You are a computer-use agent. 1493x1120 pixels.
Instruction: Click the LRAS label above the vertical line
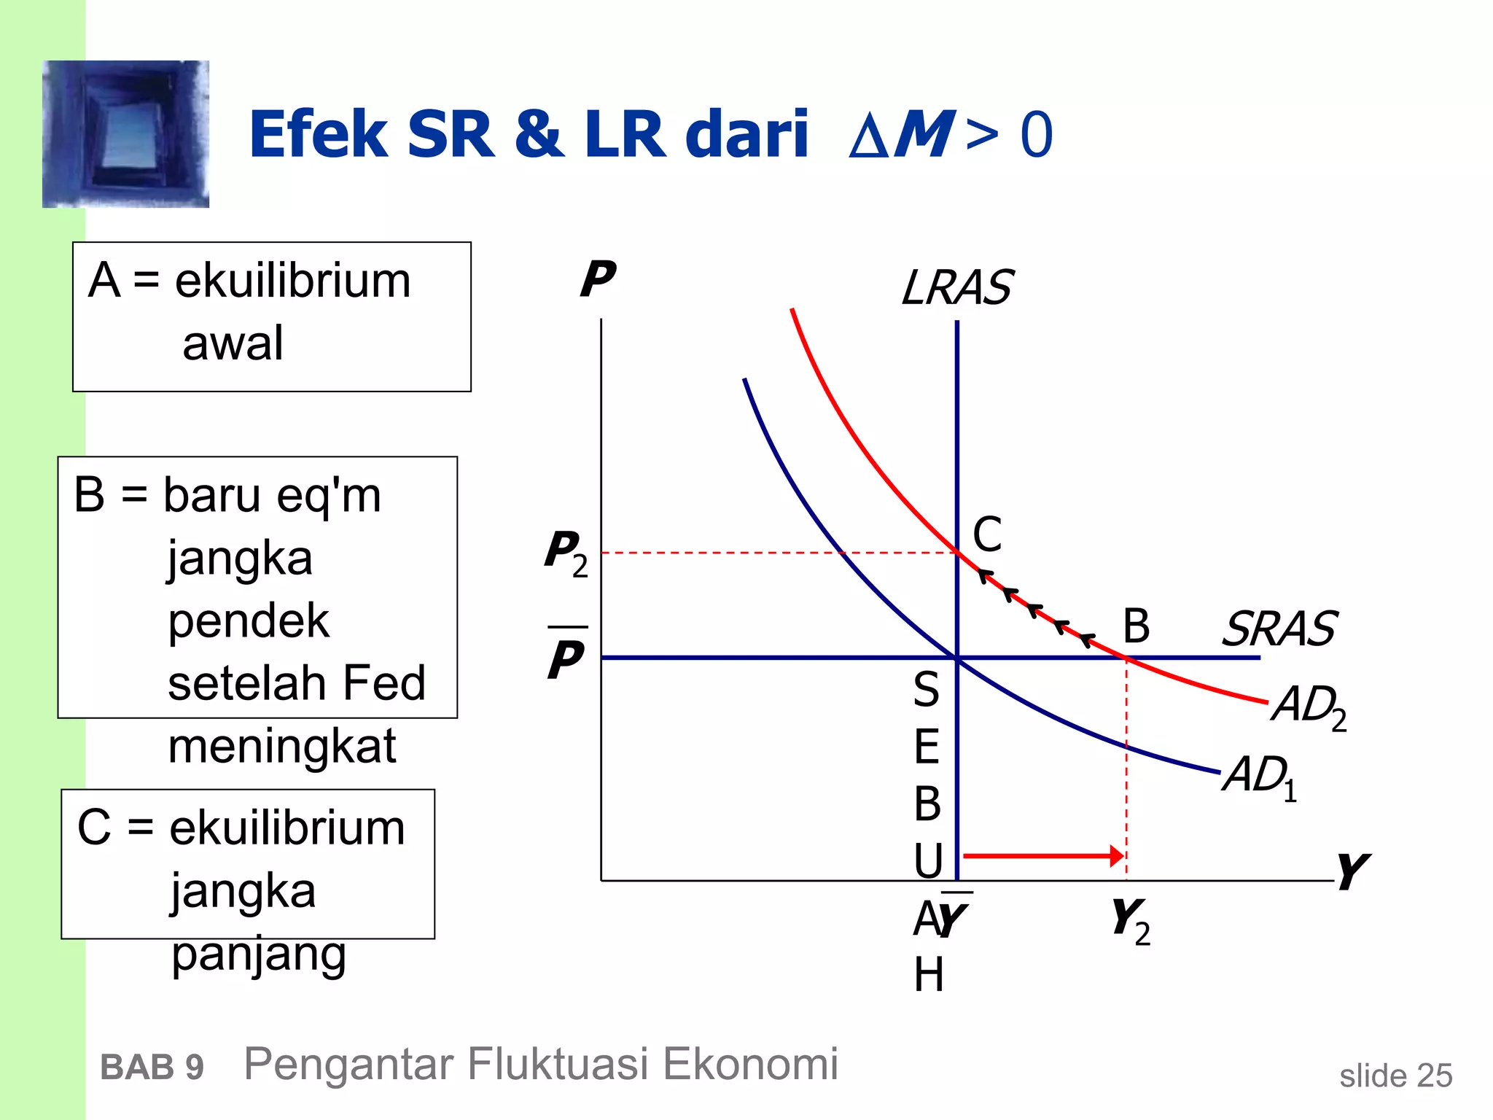coord(956,287)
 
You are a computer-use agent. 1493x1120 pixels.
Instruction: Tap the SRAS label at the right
coord(1279,629)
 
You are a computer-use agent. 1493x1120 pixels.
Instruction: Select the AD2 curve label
coord(1309,707)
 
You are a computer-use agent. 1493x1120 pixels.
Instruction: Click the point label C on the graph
coord(988,534)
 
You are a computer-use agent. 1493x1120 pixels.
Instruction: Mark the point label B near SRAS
coord(1136,626)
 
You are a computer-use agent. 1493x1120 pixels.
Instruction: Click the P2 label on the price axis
coord(566,553)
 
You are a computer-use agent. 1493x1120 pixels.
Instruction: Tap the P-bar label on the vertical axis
coord(566,656)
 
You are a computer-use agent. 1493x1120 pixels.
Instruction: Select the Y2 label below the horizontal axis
coord(1131,920)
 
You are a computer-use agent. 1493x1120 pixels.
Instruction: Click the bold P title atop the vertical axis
coord(598,279)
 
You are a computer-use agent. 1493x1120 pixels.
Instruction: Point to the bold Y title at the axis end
coord(1352,871)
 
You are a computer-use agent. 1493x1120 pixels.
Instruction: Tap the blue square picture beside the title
coord(126,134)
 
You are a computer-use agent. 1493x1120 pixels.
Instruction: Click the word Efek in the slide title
coord(319,135)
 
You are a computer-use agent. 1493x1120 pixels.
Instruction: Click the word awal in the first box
coord(233,343)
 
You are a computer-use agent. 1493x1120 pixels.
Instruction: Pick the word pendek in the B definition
coord(249,621)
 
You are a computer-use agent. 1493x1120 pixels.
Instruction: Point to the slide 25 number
coord(1395,1076)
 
